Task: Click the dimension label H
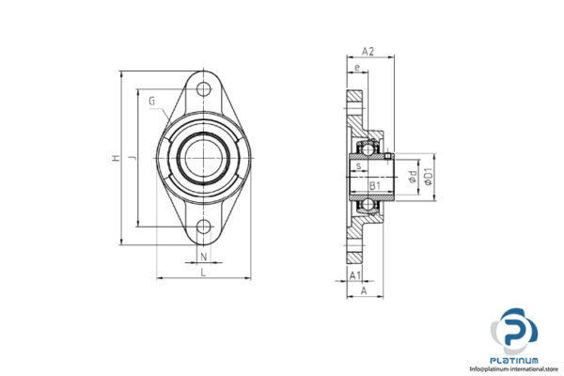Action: (x=117, y=160)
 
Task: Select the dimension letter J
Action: (x=133, y=160)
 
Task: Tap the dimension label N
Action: (x=204, y=255)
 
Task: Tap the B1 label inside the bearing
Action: (x=374, y=186)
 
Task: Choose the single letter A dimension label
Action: (x=363, y=291)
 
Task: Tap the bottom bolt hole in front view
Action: (x=204, y=227)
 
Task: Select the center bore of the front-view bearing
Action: (x=204, y=157)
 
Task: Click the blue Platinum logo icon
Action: (x=515, y=331)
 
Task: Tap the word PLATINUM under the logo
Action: (x=514, y=359)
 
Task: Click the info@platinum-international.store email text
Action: (x=514, y=368)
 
